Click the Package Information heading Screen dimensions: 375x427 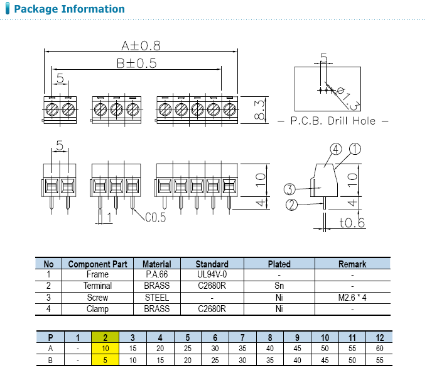(69, 9)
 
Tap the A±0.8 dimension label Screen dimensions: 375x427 (141, 45)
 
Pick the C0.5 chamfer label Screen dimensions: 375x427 (155, 218)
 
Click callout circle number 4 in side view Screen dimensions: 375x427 (335, 149)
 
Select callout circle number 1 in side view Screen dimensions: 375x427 (355, 149)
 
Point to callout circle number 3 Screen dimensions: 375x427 (289, 189)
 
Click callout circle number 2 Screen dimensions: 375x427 (291, 204)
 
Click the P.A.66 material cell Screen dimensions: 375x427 (156, 275)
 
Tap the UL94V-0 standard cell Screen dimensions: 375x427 (212, 275)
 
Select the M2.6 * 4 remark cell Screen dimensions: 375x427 (352, 298)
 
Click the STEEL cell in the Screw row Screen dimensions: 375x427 (156, 298)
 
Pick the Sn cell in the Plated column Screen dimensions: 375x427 (279, 286)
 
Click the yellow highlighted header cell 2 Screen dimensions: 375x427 (105, 337)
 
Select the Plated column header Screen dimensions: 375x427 (279, 264)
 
